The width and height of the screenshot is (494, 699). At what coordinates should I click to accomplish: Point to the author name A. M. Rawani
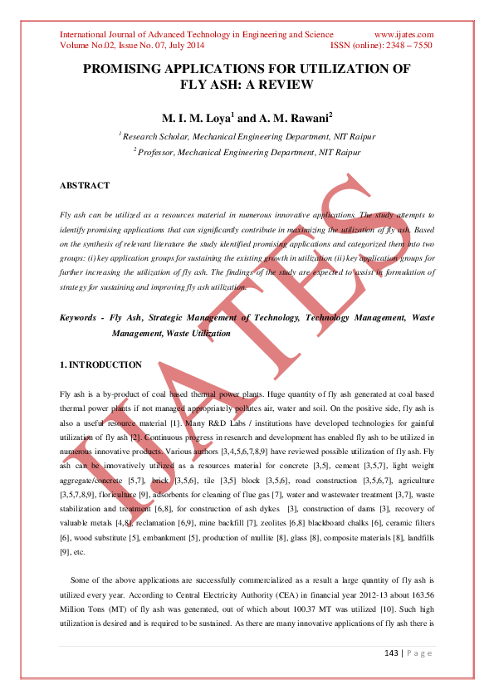click(276, 117)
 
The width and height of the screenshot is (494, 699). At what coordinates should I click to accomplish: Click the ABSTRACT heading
click(85, 185)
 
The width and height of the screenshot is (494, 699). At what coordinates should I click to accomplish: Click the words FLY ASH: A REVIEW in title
click(247, 85)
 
